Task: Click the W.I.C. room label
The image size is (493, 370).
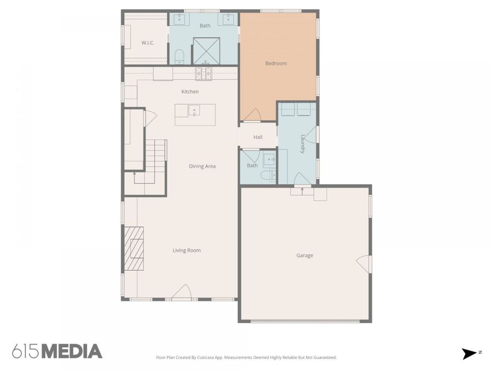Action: click(x=147, y=43)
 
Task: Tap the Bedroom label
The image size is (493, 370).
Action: click(x=276, y=63)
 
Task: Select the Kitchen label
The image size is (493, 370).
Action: click(x=190, y=92)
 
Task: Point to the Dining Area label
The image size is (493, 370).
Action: click(x=202, y=166)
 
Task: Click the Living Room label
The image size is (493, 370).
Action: click(x=186, y=251)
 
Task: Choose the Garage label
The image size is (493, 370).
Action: click(x=305, y=255)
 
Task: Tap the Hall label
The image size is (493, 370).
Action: click(x=258, y=137)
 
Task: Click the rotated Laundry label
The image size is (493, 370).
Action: click(x=303, y=144)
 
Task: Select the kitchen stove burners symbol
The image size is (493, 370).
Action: click(x=204, y=73)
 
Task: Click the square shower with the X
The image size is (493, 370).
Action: click(x=206, y=51)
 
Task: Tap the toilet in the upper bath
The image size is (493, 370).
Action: click(x=179, y=56)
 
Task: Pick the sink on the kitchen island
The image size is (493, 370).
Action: click(x=194, y=110)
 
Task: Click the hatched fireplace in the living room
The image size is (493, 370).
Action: click(x=134, y=248)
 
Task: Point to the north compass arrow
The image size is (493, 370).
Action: click(x=469, y=354)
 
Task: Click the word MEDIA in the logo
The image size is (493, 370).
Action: click(x=72, y=351)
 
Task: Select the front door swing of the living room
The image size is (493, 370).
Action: click(x=182, y=292)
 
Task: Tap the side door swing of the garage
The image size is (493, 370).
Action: click(x=364, y=264)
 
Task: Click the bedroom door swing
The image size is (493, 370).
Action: click(x=253, y=115)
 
